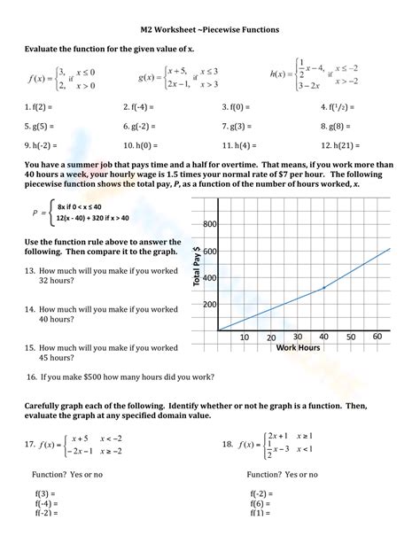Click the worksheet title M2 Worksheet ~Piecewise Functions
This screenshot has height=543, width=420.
pyautogui.click(x=209, y=29)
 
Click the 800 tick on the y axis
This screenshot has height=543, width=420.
pyautogui.click(x=209, y=225)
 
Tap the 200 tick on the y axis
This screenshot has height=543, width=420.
pyautogui.click(x=209, y=304)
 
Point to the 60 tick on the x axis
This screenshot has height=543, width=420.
pyautogui.click(x=377, y=337)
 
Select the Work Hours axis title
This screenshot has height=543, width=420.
pyautogui.click(x=298, y=347)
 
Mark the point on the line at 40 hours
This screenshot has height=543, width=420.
pyautogui.click(x=324, y=288)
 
